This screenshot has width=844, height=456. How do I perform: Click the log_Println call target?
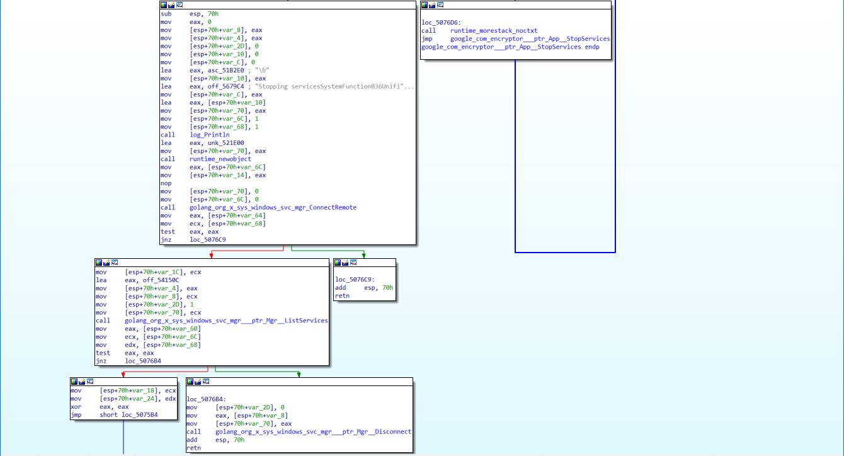coord(209,135)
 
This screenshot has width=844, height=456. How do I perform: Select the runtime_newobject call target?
coord(220,159)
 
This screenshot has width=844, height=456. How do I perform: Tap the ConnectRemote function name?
coord(273,207)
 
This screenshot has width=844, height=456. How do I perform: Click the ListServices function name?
coord(226,321)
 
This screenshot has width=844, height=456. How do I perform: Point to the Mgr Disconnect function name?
coord(313,431)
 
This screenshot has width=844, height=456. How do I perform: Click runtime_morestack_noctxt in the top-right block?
coord(494,30)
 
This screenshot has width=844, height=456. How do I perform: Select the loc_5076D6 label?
coord(441,23)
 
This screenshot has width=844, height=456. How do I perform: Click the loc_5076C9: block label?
coord(355,279)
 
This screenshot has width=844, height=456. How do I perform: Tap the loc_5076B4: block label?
coord(206,399)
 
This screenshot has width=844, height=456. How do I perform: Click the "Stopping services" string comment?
coord(334,86)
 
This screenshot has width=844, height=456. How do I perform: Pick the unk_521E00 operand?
coord(225,143)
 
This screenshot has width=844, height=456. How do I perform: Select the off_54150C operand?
coord(161,280)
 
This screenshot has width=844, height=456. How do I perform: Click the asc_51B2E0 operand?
coord(225,70)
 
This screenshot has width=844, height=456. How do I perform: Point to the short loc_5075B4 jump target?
coord(128,414)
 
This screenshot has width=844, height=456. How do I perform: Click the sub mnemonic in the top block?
coord(166,14)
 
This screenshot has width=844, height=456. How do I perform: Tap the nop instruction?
coord(166,183)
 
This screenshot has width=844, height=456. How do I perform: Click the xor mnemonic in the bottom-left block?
coord(76,407)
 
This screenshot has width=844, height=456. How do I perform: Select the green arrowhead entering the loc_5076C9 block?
coord(363,256)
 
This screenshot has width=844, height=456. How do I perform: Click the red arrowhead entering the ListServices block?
coord(212,256)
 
